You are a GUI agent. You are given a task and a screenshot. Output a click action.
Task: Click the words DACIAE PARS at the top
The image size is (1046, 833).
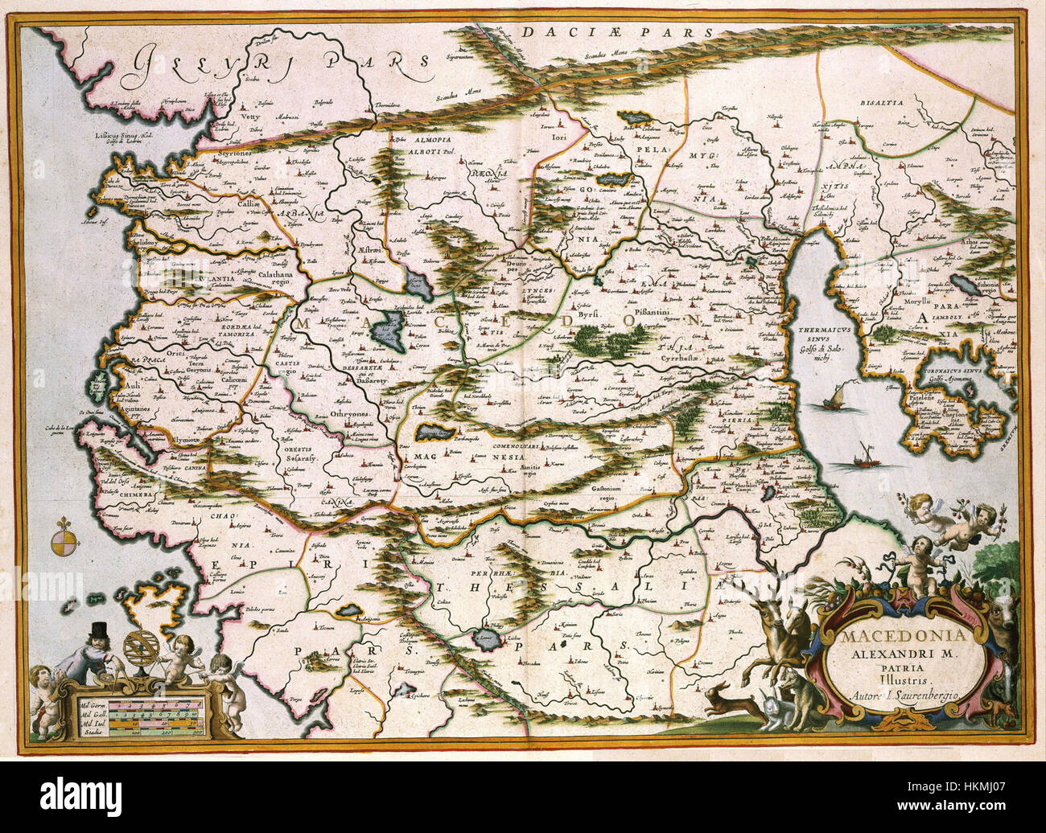[617, 33]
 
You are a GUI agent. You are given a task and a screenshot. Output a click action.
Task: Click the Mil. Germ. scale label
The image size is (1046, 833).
[92, 702]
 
